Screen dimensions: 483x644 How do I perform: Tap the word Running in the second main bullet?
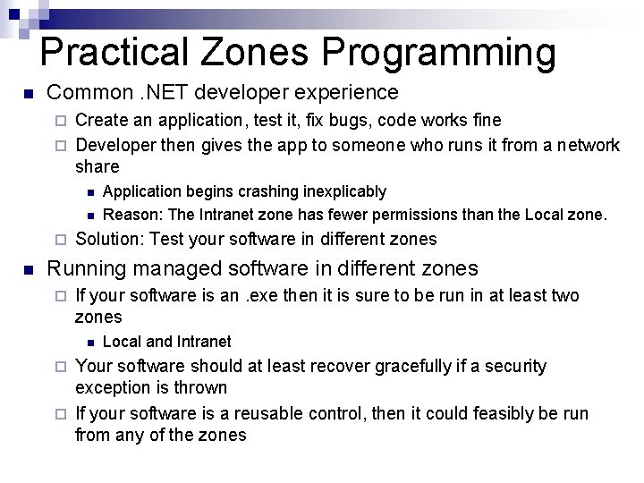pyautogui.click(x=82, y=268)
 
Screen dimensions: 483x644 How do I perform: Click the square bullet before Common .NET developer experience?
pyautogui.click(x=29, y=93)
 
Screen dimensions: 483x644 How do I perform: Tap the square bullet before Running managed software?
pyautogui.click(x=29, y=269)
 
